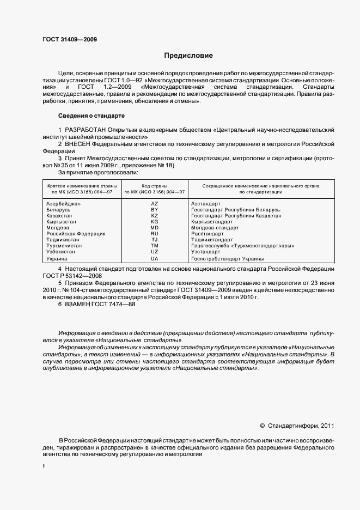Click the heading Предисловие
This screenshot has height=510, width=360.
pyautogui.click(x=188, y=56)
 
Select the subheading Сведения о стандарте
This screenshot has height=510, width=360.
pyautogui.click(x=91, y=116)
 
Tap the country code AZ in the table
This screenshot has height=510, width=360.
pyautogui.click(x=154, y=203)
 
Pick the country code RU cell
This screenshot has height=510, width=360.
pyautogui.click(x=154, y=234)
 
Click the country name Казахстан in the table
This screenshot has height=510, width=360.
pyautogui.click(x=62, y=216)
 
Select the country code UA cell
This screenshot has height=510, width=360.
pyautogui.click(x=154, y=259)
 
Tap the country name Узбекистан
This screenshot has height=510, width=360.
pyautogui.click(x=63, y=252)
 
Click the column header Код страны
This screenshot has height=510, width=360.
pyautogui.click(x=154, y=186)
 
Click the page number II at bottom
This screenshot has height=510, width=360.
pyautogui.click(x=44, y=466)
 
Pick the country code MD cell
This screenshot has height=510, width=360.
pyautogui.click(x=154, y=228)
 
